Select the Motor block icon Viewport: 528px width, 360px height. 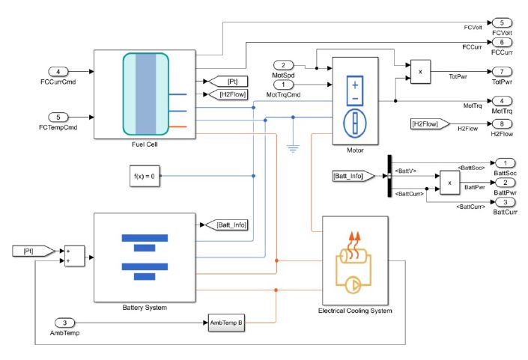click(355, 101)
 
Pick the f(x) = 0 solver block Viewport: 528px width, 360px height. click(142, 177)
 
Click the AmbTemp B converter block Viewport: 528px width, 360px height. click(225, 323)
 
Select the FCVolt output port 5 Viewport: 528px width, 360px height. click(500, 23)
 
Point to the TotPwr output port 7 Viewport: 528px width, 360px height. click(500, 71)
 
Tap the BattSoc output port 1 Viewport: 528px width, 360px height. click(500, 162)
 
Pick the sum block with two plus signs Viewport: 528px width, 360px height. click(75, 256)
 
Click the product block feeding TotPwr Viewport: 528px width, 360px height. click(420, 71)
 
